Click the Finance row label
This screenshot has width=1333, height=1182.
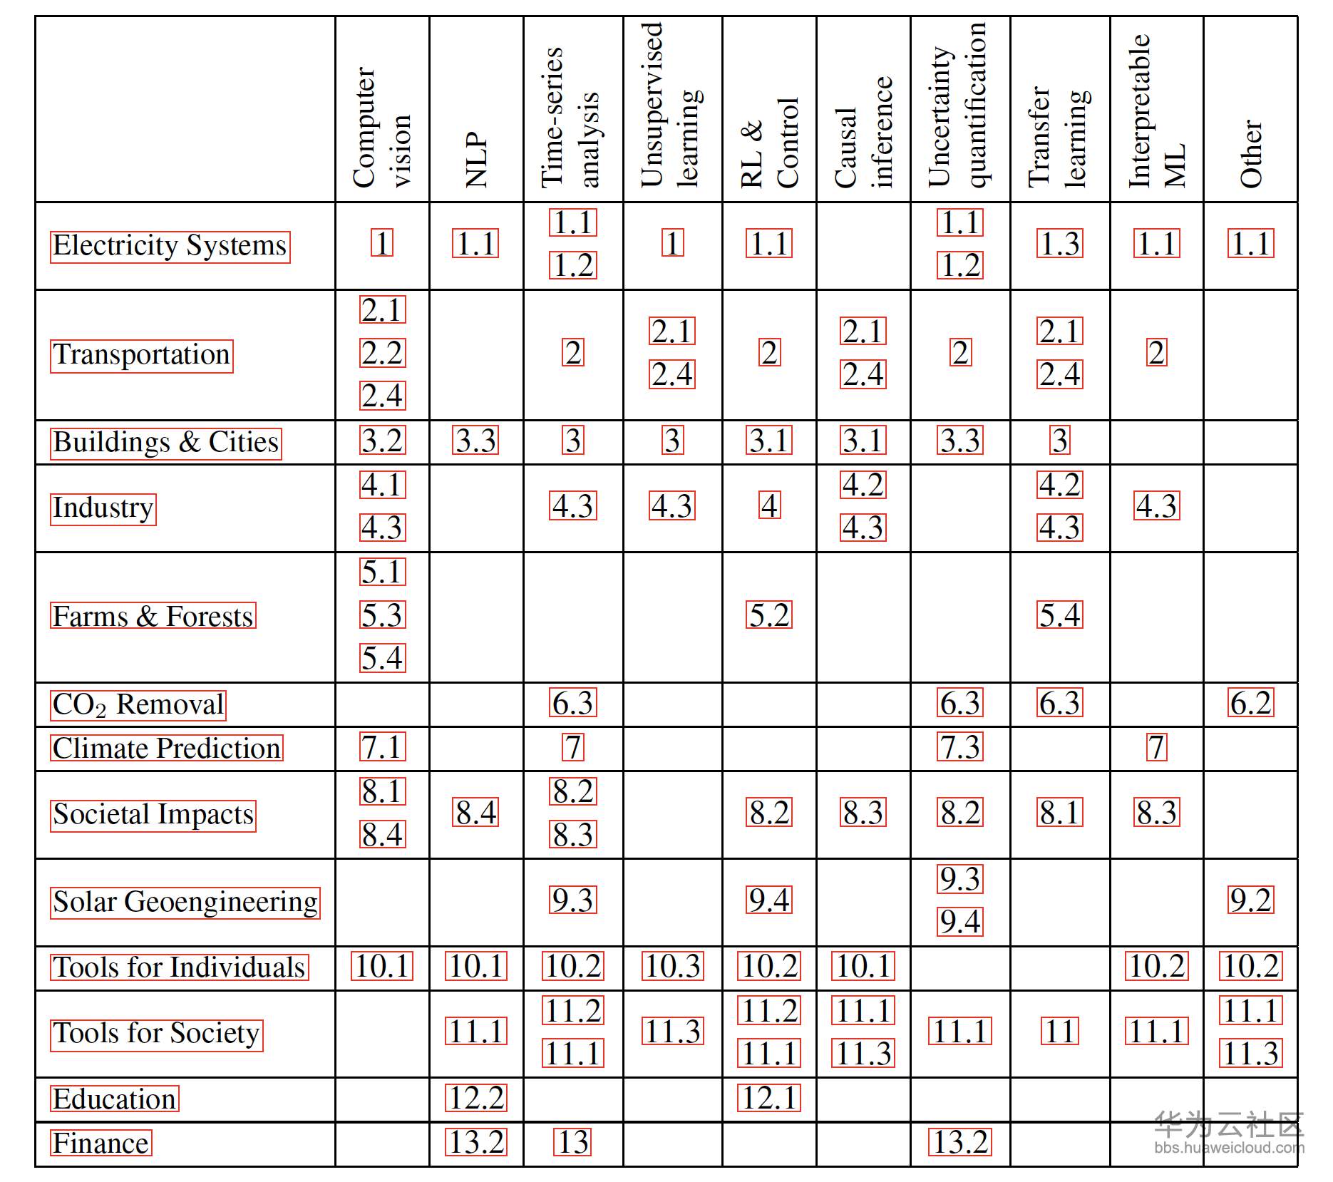pos(101,1143)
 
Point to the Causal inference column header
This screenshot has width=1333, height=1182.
pos(863,133)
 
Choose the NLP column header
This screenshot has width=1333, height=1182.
pos(476,160)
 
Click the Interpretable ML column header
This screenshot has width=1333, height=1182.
pos(1157,111)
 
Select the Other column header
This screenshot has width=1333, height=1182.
pos(1251,154)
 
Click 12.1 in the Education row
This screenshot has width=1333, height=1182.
pos(769,1099)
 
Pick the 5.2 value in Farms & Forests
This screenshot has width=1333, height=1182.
pos(769,615)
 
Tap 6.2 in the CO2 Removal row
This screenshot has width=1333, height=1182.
pos(1251,704)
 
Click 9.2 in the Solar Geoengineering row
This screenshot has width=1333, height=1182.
pos(1251,900)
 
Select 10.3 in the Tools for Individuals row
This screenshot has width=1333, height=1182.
pos(673,967)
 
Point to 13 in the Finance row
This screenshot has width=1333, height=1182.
pos(573,1143)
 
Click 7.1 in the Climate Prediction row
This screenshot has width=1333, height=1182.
pos(383,747)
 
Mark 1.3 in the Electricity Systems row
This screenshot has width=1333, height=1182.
pos(1060,244)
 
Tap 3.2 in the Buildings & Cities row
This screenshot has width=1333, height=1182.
pos(383,441)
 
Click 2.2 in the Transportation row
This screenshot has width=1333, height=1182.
pos(383,353)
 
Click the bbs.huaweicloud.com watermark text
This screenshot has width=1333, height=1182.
pos(1229,1148)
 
